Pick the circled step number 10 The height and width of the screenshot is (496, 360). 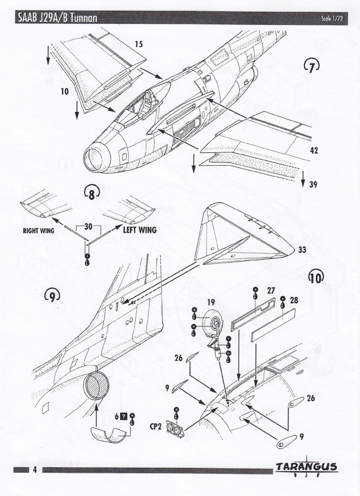click(317, 277)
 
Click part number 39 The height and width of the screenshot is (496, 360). click(313, 185)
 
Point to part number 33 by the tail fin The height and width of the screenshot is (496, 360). click(302, 250)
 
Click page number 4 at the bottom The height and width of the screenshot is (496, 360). click(34, 470)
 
